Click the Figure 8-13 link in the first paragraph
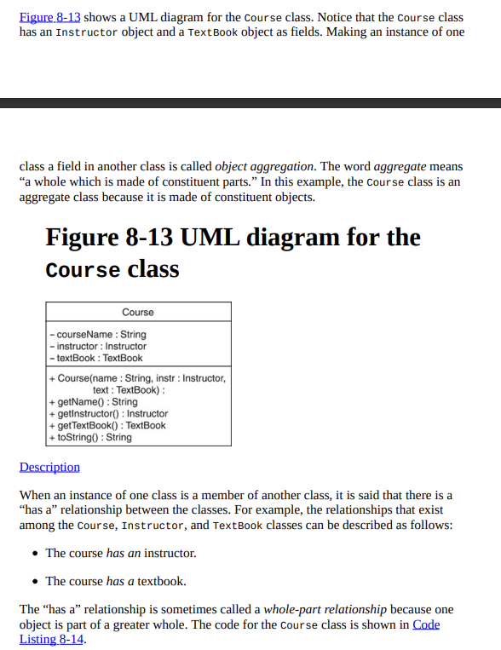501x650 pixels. coord(49,17)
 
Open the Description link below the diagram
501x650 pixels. coord(49,467)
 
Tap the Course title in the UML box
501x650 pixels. coord(138,313)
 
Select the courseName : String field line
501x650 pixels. coord(99,334)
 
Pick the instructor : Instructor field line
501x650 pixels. coord(99,346)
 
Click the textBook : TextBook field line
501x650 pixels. coord(97,358)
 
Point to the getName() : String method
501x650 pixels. coord(94,401)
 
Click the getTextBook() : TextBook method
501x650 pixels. coord(108,425)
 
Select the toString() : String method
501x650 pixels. coord(91,437)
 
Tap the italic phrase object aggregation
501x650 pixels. coord(264,167)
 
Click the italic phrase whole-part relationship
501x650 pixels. coord(325,609)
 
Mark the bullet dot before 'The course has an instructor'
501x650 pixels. coord(33,554)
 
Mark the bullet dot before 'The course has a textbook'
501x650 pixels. coord(33,582)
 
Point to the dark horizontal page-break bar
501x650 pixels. coord(250,103)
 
